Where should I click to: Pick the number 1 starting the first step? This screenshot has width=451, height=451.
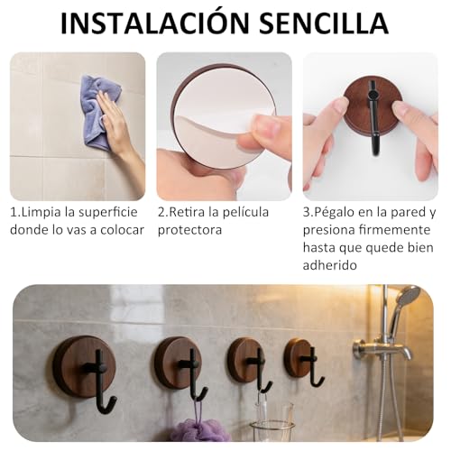(14, 212)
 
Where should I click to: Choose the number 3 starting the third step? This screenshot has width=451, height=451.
(307, 212)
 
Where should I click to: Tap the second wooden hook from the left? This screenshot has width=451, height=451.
(178, 362)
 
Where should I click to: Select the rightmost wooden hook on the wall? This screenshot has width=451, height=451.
(299, 357)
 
